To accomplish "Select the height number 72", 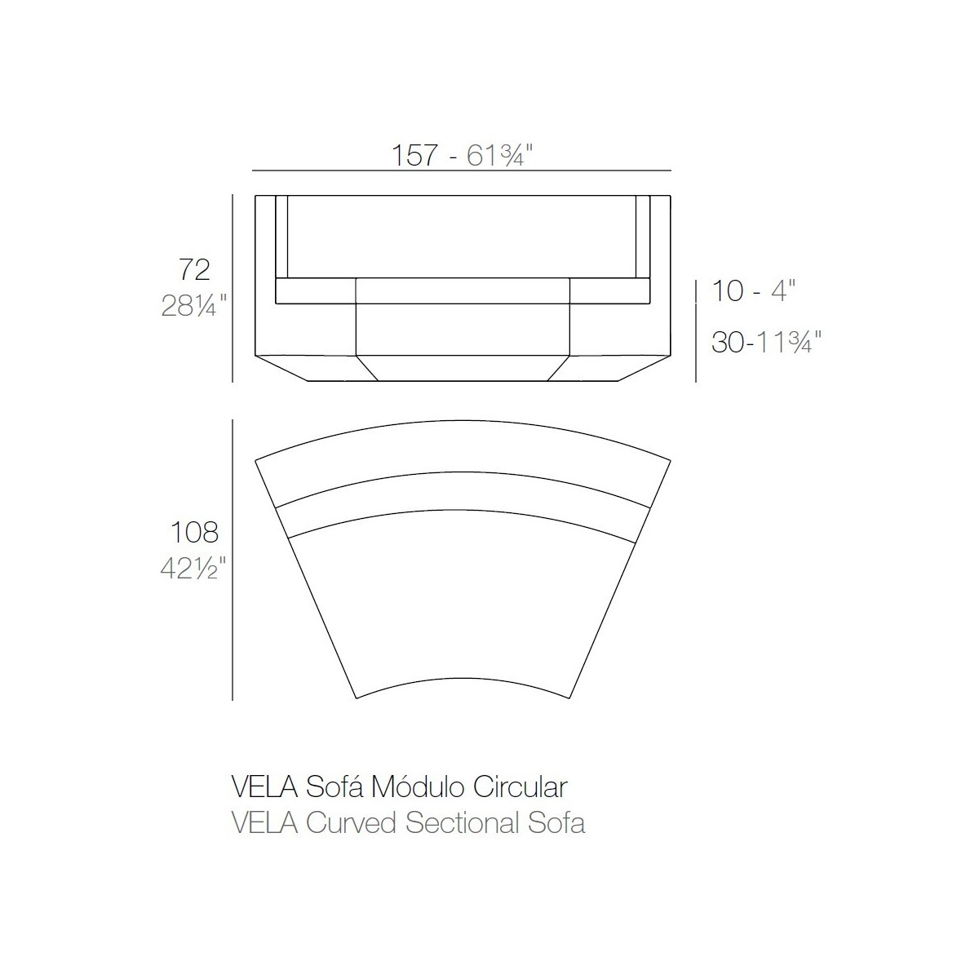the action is coord(194,269).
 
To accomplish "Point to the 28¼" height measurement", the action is coord(193,306).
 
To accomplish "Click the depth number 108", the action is coord(194,532).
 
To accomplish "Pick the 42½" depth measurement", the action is coord(193,569).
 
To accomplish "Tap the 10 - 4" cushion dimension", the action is coord(753,290).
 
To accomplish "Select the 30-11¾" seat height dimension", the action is coord(766,342).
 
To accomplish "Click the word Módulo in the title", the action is coord(417,787).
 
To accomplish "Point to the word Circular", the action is coord(521,787).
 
